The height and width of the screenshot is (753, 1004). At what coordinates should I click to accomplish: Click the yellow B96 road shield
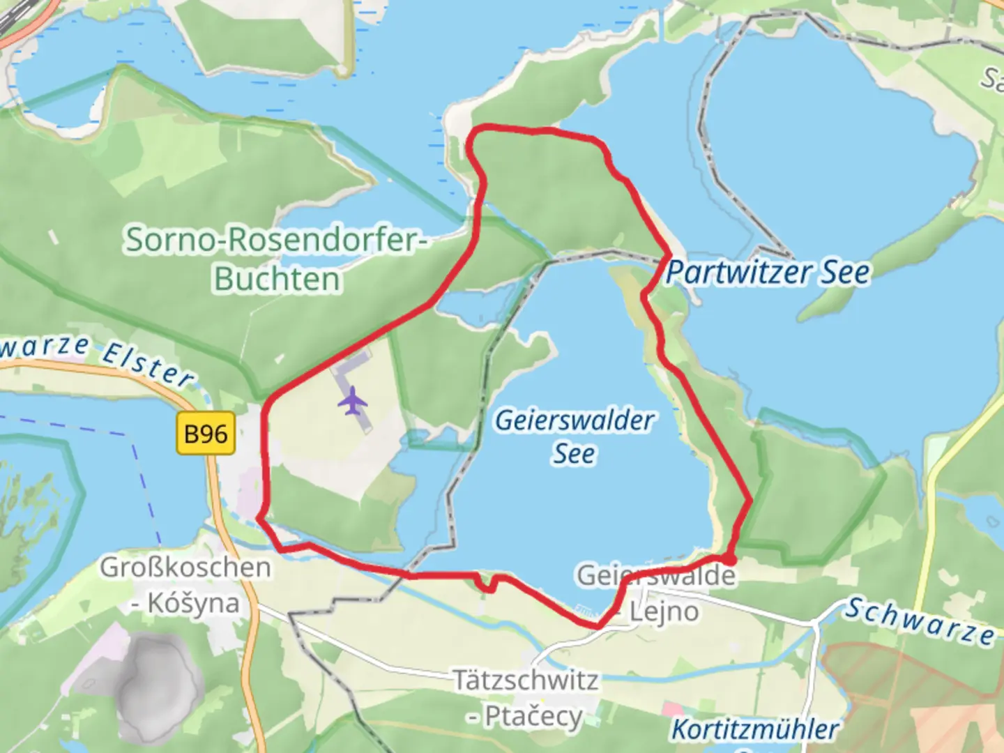pyautogui.click(x=206, y=434)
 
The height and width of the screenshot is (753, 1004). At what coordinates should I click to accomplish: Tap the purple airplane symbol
pyautogui.click(x=353, y=401)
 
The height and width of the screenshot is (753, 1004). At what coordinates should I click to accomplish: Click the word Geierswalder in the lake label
pyautogui.click(x=574, y=420)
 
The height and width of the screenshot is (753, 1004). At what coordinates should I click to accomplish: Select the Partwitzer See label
pyautogui.click(x=768, y=273)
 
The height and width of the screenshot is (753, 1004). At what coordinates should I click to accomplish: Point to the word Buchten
pyautogui.click(x=277, y=279)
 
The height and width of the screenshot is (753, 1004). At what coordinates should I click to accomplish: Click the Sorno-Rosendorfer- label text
pyautogui.click(x=276, y=240)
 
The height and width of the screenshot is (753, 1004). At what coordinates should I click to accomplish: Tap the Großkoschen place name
pyautogui.click(x=185, y=568)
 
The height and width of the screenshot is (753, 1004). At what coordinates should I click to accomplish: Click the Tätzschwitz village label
pyautogui.click(x=526, y=680)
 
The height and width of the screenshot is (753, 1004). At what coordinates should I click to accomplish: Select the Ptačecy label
pyautogui.click(x=533, y=716)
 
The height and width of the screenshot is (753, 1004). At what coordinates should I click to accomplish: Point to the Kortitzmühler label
pyautogui.click(x=754, y=730)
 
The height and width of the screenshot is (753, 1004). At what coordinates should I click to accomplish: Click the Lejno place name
pyautogui.click(x=664, y=612)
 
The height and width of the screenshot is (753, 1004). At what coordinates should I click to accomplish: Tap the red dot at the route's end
pyautogui.click(x=729, y=559)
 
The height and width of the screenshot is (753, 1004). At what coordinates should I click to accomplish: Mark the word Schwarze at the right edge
pyautogui.click(x=920, y=621)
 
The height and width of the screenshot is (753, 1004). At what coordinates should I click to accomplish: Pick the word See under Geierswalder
pyautogui.click(x=574, y=454)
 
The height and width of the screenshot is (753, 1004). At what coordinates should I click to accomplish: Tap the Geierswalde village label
pyautogui.click(x=655, y=576)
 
